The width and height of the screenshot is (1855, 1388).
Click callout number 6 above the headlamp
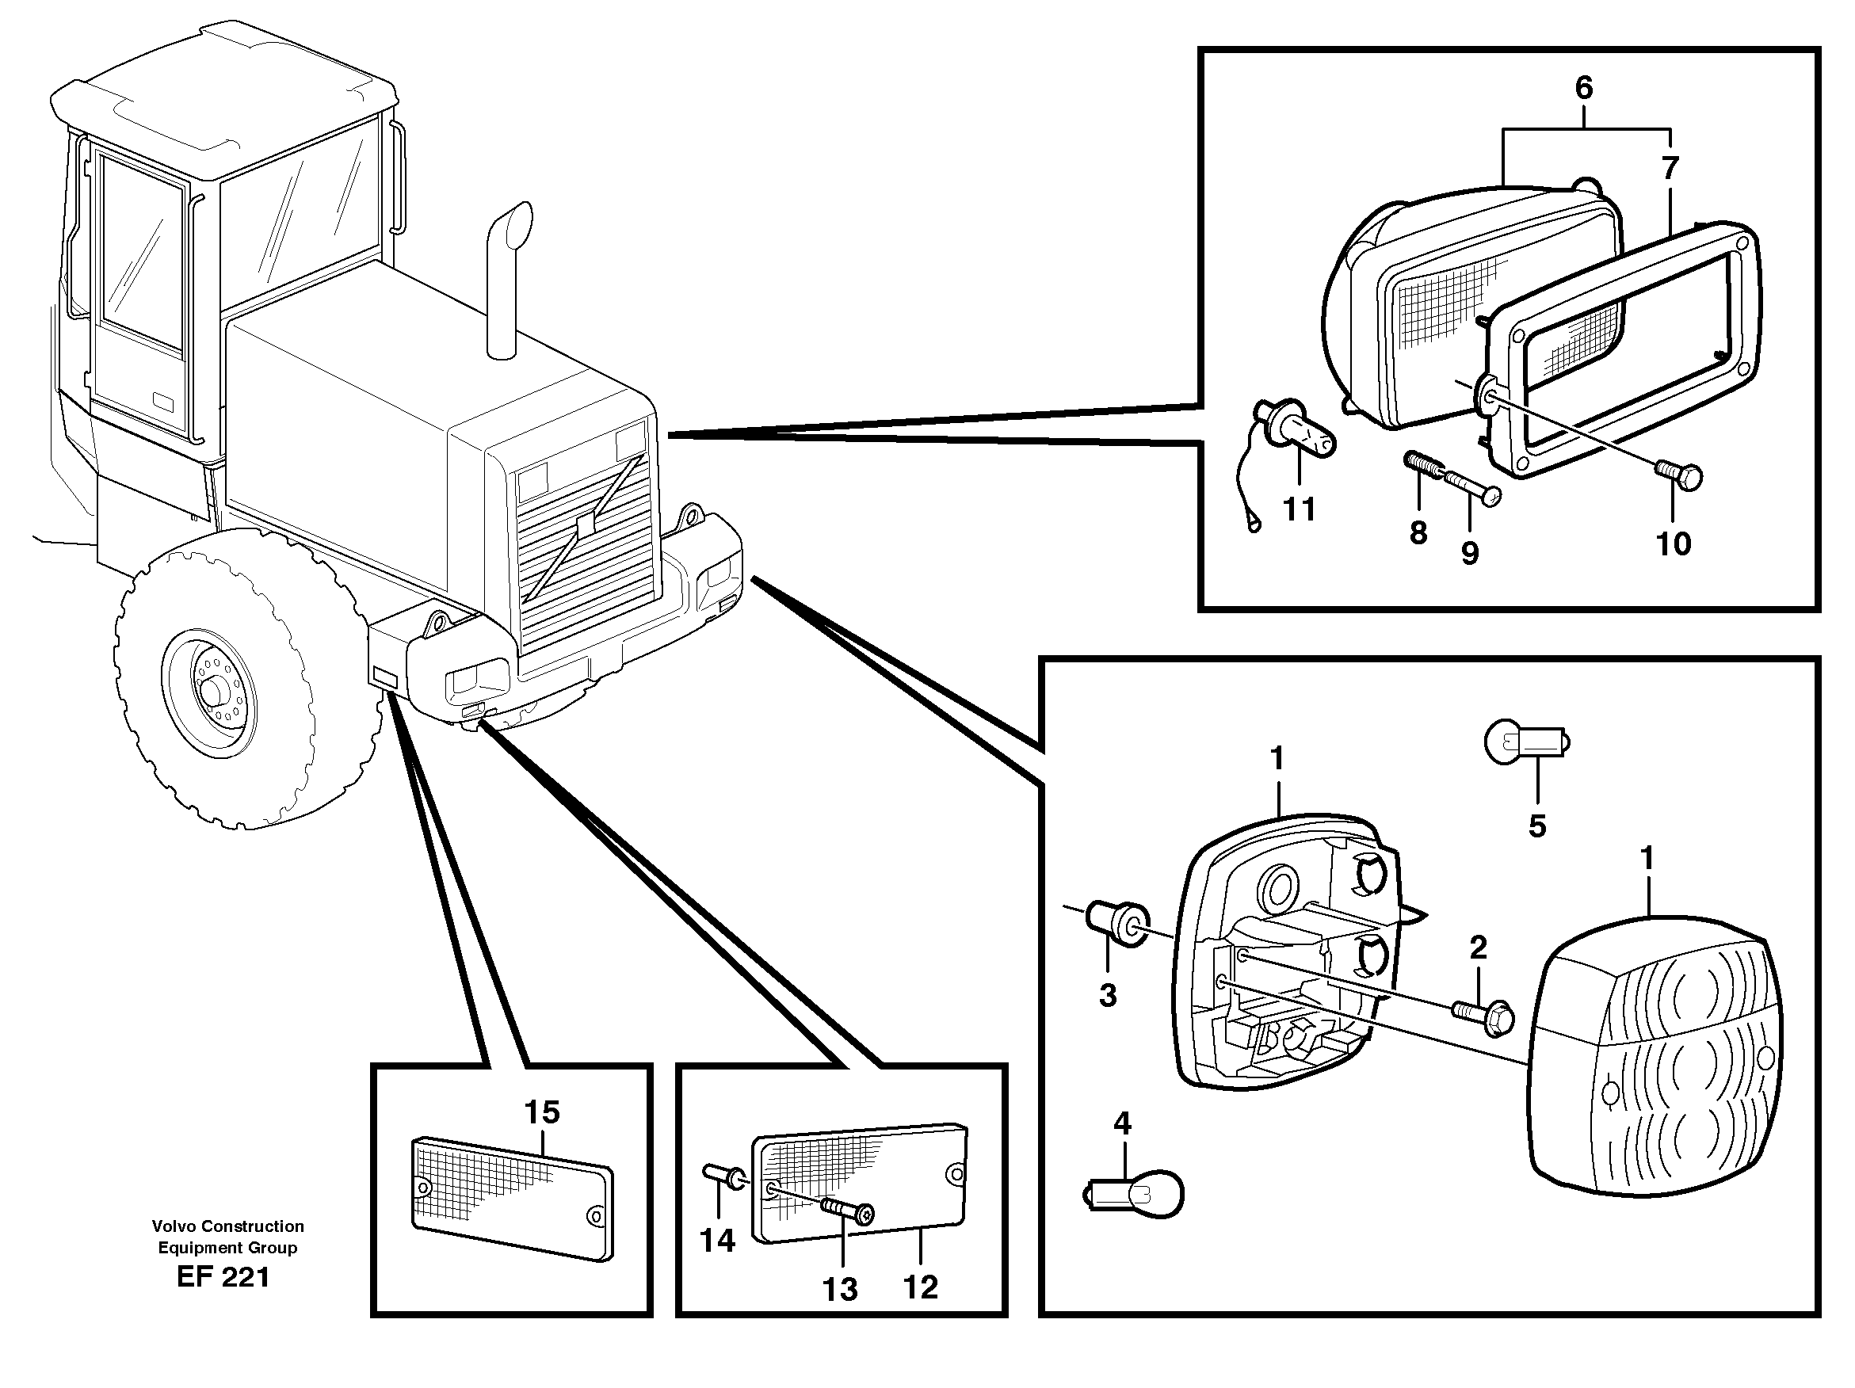coord(1583,87)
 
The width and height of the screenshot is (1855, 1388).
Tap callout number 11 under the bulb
coord(1299,509)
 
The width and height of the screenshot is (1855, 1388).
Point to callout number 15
coord(541,1112)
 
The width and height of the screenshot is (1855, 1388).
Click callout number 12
coord(920,1287)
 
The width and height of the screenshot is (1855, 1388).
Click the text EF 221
coord(223,1277)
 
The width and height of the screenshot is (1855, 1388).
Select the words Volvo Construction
coord(227,1226)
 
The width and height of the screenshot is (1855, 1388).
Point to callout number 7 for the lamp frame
coord(1670,169)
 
